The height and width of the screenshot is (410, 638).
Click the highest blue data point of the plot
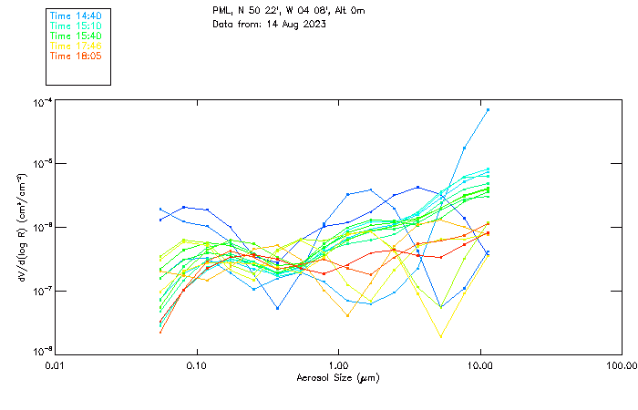coord(488,110)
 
